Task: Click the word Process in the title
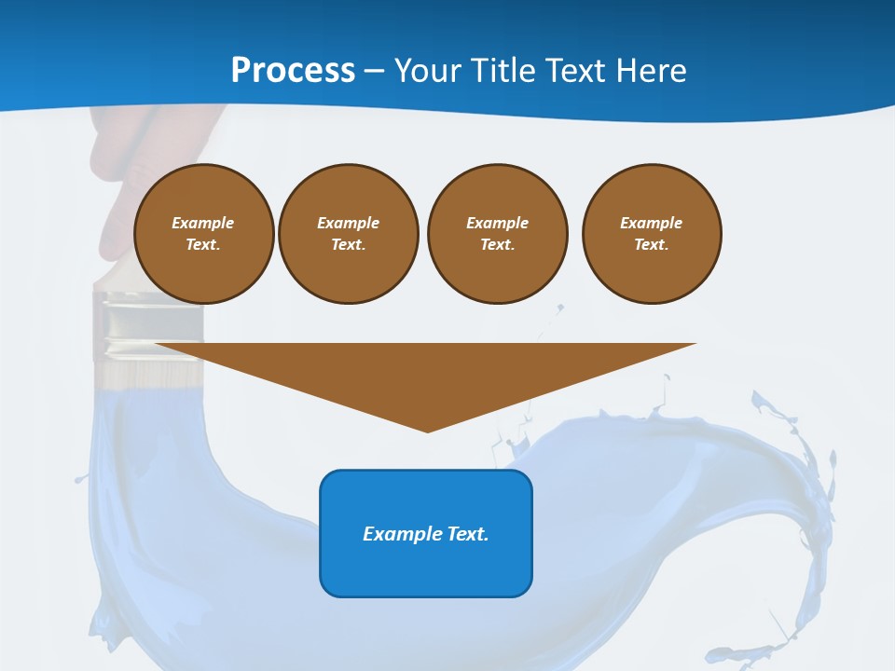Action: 293,71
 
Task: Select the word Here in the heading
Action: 650,71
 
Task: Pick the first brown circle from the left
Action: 203,234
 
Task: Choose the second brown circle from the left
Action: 348,234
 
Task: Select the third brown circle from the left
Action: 497,234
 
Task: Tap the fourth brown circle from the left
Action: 651,234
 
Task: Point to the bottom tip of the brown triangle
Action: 427,431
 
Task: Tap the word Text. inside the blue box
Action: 468,534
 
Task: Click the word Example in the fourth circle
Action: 651,223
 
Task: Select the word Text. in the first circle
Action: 203,245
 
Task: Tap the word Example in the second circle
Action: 348,223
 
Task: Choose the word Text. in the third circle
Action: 497,245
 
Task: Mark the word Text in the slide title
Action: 574,71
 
